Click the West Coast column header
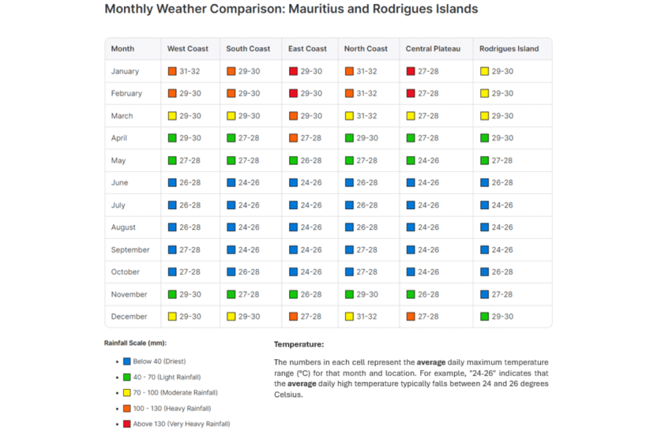coord(188,48)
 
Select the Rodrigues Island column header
coord(509,48)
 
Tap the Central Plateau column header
coord(432,48)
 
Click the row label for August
coord(123,227)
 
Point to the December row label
coord(129,316)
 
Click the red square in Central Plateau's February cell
coord(411,94)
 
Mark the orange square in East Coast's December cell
coord(294,316)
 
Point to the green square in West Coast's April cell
coord(172,138)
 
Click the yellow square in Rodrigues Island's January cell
coord(485,71)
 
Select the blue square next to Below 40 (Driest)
coord(127,361)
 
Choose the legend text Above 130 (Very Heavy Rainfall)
coord(181,424)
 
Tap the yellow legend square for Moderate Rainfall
coord(127,393)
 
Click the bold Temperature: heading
coord(299,344)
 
